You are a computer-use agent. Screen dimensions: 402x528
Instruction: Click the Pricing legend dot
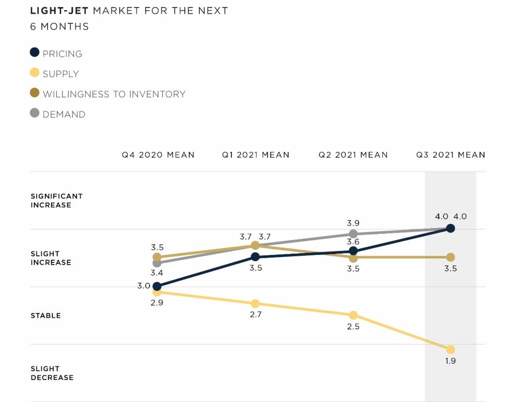click(35, 52)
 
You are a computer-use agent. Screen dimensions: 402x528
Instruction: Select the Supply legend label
click(61, 74)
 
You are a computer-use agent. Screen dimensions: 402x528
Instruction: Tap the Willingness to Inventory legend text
click(114, 94)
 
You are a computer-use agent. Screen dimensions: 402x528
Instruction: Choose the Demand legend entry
click(64, 114)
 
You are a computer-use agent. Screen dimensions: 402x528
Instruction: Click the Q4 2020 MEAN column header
click(158, 155)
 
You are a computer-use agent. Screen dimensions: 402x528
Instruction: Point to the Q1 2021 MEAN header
click(256, 155)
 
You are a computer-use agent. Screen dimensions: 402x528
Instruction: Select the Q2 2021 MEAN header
click(353, 155)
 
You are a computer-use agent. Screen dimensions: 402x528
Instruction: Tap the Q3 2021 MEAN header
click(451, 155)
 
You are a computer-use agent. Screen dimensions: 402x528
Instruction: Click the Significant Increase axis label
click(56, 200)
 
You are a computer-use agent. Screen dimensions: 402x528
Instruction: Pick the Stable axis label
click(46, 316)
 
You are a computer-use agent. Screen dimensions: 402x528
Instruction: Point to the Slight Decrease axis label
click(52, 373)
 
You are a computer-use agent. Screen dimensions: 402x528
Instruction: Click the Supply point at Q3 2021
click(450, 350)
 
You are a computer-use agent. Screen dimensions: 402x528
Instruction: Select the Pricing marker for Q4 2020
click(157, 286)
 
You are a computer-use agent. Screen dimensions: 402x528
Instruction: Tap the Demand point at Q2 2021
click(353, 234)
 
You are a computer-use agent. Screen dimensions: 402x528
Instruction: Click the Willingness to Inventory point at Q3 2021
click(450, 257)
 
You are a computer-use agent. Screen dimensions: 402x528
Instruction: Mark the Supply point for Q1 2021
click(255, 304)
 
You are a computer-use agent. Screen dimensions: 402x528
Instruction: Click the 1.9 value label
click(450, 361)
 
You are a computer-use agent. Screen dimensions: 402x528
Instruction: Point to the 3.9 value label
click(353, 223)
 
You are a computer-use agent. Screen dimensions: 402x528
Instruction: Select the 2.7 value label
click(256, 315)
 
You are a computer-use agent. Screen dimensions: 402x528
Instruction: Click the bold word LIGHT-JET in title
click(59, 11)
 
